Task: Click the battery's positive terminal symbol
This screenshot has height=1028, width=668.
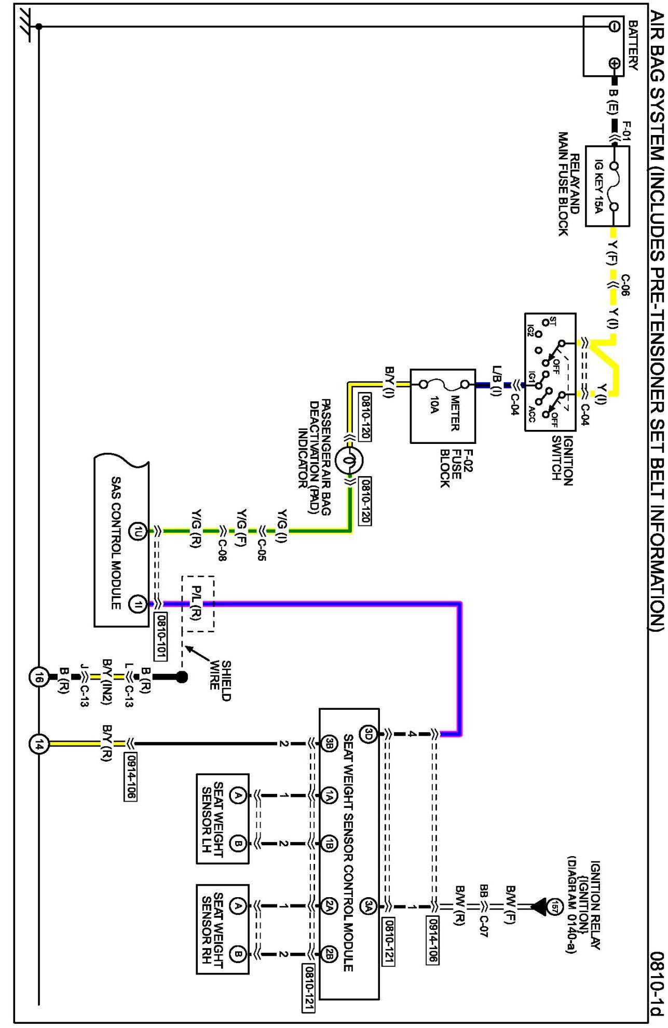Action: point(615,63)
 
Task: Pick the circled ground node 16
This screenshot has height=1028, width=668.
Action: point(38,677)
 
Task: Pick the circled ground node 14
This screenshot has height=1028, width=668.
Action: point(38,744)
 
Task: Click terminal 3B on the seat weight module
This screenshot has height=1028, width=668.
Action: point(330,744)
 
